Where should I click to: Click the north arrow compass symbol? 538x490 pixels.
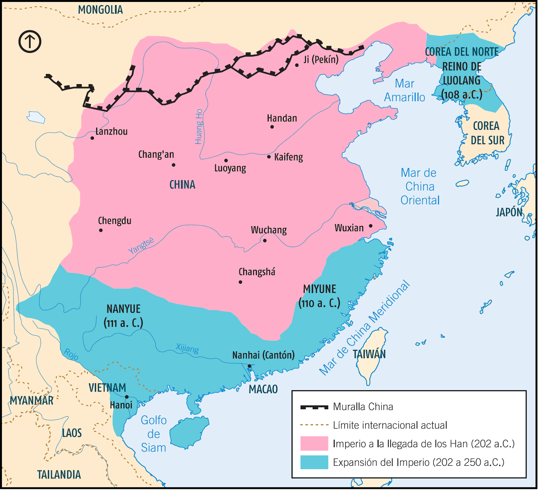30,42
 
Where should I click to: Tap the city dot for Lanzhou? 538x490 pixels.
92,138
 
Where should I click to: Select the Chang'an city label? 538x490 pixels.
156,154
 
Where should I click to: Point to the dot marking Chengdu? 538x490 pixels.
101,230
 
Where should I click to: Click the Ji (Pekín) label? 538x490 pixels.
321,60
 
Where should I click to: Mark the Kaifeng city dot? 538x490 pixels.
269,157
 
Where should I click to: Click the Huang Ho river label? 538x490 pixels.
199,127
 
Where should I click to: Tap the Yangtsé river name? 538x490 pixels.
141,245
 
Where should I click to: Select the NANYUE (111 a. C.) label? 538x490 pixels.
123,316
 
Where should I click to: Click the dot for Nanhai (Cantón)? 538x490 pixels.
249,366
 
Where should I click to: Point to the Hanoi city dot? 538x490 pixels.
127,397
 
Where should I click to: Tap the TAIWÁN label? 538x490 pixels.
369,354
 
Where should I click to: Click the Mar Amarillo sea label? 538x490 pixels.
405,90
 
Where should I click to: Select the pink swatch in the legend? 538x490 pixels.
314,443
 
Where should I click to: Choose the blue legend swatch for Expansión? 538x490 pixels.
314,462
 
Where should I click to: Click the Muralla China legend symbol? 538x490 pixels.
314,407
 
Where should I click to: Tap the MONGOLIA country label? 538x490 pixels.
100,10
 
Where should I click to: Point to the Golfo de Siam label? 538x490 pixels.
153,434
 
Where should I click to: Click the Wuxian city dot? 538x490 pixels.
371,226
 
